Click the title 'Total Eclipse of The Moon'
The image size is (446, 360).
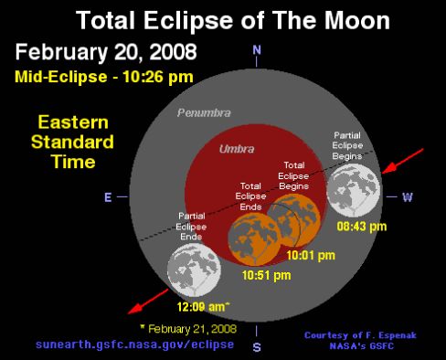[223, 19]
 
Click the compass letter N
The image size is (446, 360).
[257, 49]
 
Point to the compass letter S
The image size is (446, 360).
[257, 346]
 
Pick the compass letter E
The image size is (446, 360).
[108, 196]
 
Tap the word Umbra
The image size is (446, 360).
[235, 148]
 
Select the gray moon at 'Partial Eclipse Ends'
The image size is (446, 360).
[195, 270]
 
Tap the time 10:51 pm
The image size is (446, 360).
[266, 274]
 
